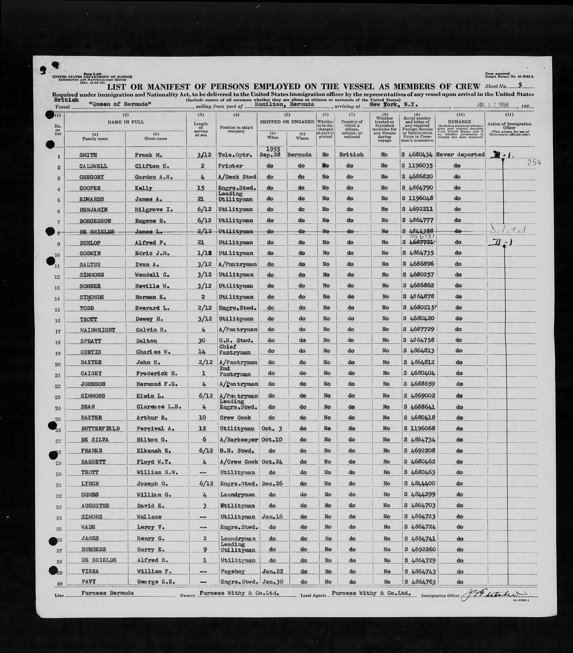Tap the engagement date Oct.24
[x=272, y=462]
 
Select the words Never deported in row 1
[x=460, y=155]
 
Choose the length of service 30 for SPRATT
[x=202, y=340]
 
